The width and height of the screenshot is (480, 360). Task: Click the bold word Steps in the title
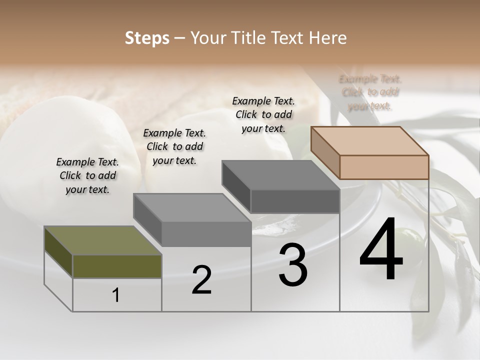[x=147, y=38]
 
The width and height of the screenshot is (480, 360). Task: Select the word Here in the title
[x=328, y=38]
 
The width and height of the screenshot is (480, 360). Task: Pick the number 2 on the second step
[x=201, y=280]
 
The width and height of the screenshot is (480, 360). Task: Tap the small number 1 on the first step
[x=116, y=295]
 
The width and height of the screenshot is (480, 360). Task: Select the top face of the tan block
[x=370, y=140]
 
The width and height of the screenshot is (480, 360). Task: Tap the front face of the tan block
[x=384, y=167]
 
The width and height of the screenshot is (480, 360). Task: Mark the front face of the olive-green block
[x=117, y=266]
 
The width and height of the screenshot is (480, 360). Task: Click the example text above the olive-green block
[x=88, y=175]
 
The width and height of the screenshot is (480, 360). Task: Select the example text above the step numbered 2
[x=174, y=146]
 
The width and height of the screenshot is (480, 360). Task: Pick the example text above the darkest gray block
[x=263, y=114]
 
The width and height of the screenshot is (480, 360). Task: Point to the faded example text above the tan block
[x=370, y=92]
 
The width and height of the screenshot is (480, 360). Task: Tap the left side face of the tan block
[x=325, y=153]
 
